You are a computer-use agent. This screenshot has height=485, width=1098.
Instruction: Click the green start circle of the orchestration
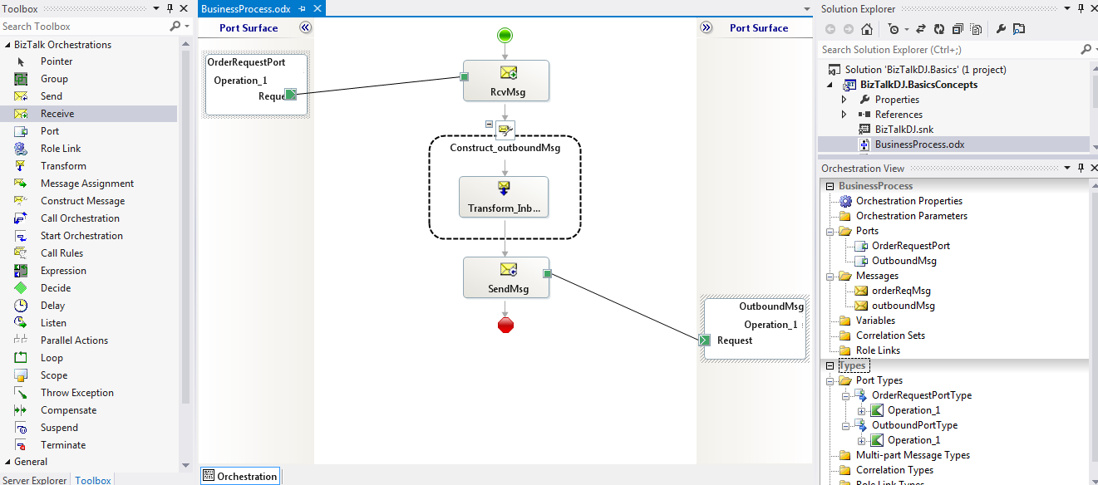(x=505, y=35)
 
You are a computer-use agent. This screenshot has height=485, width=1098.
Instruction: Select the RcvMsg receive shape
(x=506, y=81)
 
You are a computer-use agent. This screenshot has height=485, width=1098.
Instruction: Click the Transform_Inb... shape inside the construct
(x=504, y=197)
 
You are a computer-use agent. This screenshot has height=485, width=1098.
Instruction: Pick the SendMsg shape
(x=506, y=277)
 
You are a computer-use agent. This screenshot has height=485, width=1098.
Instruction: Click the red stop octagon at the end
(x=505, y=324)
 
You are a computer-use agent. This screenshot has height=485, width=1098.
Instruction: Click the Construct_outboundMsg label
(x=505, y=148)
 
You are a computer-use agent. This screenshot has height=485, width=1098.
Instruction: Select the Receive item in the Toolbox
(x=57, y=114)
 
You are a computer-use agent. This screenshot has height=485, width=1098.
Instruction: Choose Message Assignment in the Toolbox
(x=87, y=184)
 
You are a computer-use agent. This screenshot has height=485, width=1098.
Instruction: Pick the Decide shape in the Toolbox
(x=56, y=288)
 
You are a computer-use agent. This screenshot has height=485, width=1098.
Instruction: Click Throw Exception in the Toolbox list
(x=77, y=393)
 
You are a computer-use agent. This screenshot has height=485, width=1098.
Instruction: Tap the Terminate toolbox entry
(x=63, y=445)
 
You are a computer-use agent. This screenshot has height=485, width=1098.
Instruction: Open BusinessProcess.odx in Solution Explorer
(x=919, y=145)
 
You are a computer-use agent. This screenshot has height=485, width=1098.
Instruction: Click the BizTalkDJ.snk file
(x=905, y=130)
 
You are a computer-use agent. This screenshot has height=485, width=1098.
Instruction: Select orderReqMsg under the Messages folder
(x=901, y=291)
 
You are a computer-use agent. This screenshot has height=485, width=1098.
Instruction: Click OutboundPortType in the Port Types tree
(x=914, y=425)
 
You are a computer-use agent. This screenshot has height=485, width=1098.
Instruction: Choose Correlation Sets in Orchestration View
(x=890, y=336)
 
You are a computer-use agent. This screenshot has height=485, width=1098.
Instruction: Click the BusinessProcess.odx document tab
(x=247, y=7)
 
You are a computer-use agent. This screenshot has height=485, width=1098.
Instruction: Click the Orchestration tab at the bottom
(x=246, y=476)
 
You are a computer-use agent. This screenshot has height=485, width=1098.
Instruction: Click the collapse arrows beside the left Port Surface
(x=305, y=27)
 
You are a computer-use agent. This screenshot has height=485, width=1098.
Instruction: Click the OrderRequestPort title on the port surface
(x=246, y=62)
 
